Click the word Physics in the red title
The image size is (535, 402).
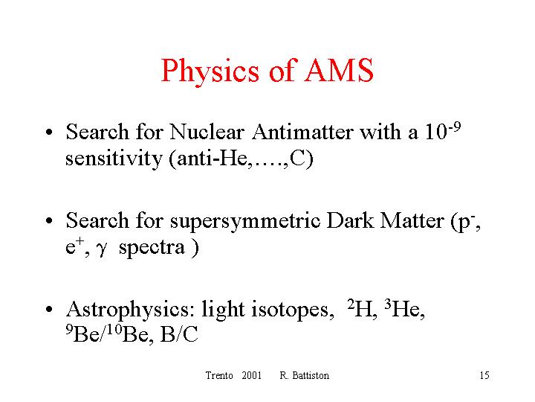[x=210, y=71]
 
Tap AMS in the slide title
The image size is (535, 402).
[x=339, y=70]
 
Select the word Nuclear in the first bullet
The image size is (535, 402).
[x=207, y=132]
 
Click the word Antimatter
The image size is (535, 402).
[x=302, y=132]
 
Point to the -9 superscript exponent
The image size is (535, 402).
[x=455, y=127]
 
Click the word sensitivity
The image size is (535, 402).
[x=114, y=159]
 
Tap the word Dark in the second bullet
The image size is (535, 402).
[x=350, y=220]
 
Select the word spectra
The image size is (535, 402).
[x=152, y=249]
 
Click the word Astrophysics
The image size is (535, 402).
[x=130, y=310]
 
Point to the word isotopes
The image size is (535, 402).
[x=293, y=310]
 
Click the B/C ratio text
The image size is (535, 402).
[x=179, y=334]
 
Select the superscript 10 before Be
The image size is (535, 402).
[x=116, y=330]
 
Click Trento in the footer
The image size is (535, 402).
[x=219, y=375]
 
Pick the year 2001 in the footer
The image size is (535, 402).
[x=251, y=375]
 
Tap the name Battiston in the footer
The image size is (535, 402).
[x=311, y=375]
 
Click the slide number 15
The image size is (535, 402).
[x=484, y=375]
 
